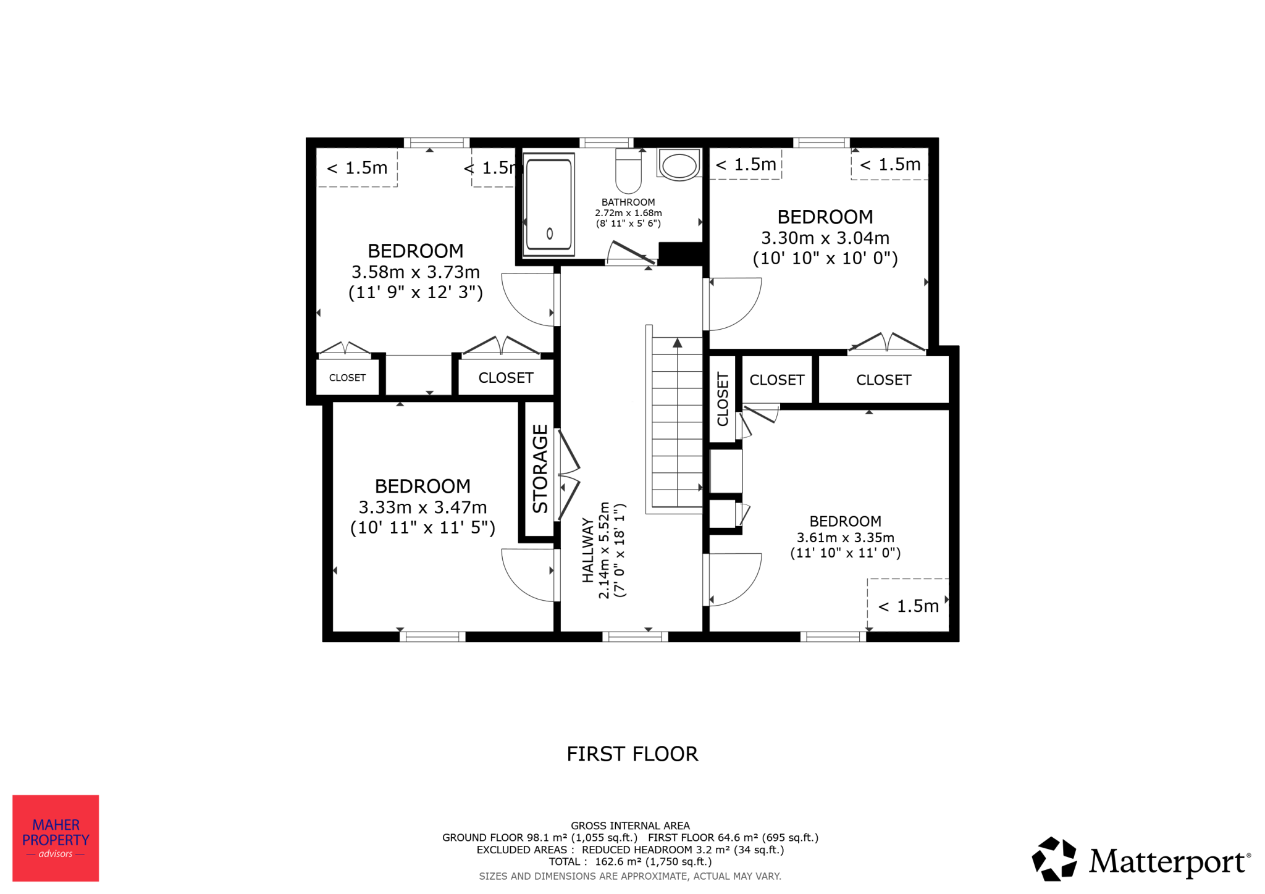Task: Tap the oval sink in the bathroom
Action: coord(679,165)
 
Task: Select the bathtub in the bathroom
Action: coord(548,204)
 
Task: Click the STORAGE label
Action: coord(540,469)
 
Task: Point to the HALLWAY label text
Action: coord(587,550)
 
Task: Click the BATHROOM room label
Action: coord(628,202)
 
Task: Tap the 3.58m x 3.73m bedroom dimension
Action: coord(416,272)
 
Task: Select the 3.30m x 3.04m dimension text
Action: coord(825,238)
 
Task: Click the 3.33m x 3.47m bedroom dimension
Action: coord(422,507)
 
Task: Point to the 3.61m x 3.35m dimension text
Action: coord(845,537)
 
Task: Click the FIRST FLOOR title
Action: coord(632,754)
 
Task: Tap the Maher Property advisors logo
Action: coord(56,838)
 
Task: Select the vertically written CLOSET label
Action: coord(723,399)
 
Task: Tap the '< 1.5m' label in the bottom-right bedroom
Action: coord(909,606)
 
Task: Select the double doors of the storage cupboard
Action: coord(569,474)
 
